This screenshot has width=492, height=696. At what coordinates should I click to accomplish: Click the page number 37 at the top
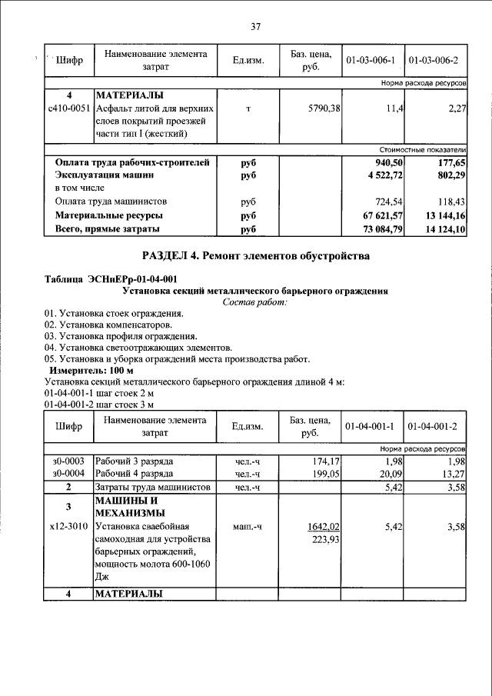(x=256, y=27)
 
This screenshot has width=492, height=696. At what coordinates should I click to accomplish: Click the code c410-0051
(x=68, y=108)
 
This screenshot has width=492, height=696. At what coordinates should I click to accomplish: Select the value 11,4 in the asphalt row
(x=394, y=108)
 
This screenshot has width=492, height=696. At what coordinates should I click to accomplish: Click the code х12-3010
(x=68, y=527)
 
